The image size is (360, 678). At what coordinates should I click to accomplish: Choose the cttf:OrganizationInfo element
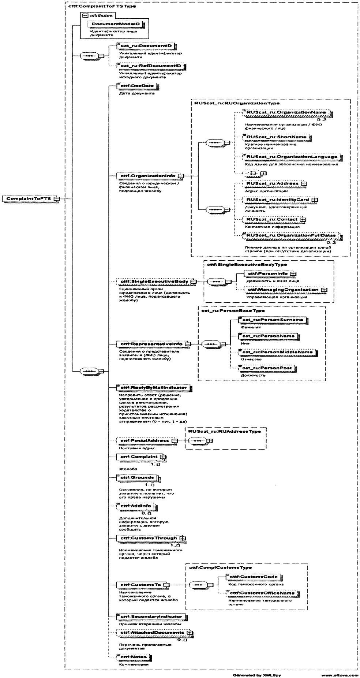click(148, 176)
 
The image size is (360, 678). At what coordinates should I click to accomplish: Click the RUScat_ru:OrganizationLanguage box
click(292, 157)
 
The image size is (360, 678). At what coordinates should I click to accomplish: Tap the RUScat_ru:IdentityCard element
click(278, 200)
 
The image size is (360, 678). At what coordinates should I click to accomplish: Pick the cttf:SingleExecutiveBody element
click(154, 282)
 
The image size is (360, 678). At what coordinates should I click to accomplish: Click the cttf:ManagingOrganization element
click(283, 290)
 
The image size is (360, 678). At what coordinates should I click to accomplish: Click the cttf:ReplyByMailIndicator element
click(154, 387)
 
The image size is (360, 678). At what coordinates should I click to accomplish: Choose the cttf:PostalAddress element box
click(145, 441)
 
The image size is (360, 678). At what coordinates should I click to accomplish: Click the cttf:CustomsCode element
click(254, 577)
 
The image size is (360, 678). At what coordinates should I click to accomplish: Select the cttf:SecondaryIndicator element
click(151, 616)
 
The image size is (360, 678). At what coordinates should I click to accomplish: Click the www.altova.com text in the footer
click(340, 674)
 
